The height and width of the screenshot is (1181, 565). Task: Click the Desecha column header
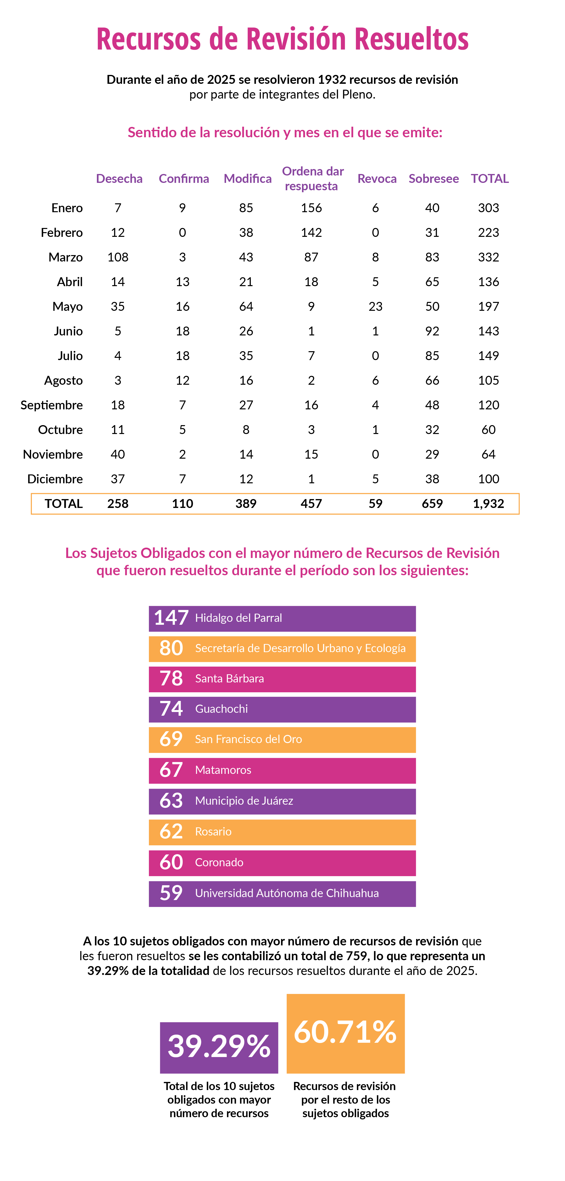click(119, 178)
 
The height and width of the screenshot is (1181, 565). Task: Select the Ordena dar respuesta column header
click(313, 178)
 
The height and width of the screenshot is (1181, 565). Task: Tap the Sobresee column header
click(433, 178)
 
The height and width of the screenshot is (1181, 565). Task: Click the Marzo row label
click(66, 257)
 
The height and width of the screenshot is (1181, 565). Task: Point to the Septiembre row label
click(52, 405)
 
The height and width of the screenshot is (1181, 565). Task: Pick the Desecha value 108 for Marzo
click(118, 257)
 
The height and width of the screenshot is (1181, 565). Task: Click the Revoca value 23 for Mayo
click(375, 306)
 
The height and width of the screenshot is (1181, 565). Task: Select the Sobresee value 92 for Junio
click(432, 331)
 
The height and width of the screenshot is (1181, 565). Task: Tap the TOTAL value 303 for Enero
click(488, 208)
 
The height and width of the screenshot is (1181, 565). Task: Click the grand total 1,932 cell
click(488, 504)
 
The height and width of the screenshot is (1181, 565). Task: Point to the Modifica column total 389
click(246, 504)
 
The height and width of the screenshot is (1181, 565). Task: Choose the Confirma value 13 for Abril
click(182, 281)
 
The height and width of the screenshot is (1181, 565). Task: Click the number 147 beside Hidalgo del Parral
click(171, 618)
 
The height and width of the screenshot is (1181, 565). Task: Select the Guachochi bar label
click(222, 709)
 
